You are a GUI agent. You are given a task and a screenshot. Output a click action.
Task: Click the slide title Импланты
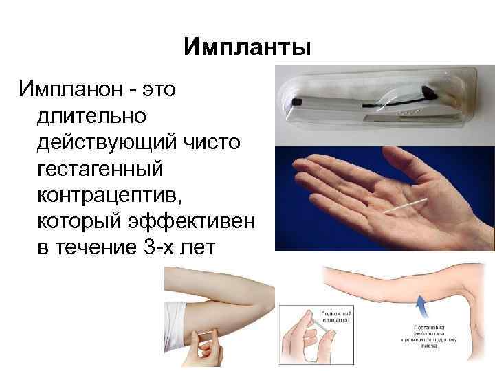[247, 47]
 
